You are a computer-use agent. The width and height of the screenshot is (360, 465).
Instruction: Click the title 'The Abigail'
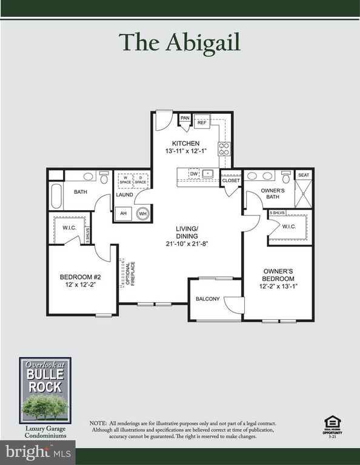179,42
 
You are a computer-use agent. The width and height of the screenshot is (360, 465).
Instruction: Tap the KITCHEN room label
186,143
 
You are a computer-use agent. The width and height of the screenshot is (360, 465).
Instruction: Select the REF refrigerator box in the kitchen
202,122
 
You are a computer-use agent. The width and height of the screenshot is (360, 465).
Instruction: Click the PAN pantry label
185,117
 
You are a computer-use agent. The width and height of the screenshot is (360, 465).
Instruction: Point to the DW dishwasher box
193,173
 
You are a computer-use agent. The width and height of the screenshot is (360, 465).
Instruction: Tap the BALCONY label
207,299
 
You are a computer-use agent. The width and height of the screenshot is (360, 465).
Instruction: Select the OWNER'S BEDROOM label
278,274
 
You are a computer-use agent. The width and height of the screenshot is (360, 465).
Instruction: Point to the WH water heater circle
143,213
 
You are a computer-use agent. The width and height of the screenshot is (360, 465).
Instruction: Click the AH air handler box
123,213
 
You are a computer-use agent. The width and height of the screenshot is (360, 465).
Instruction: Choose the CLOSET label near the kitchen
231,180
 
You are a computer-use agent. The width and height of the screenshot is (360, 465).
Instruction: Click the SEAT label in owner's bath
303,174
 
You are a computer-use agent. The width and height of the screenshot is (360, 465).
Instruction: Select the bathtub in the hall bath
56,196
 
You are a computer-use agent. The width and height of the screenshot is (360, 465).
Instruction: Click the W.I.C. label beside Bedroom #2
68,228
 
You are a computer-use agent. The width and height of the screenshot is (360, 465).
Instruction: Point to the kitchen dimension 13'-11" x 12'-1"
185,151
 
